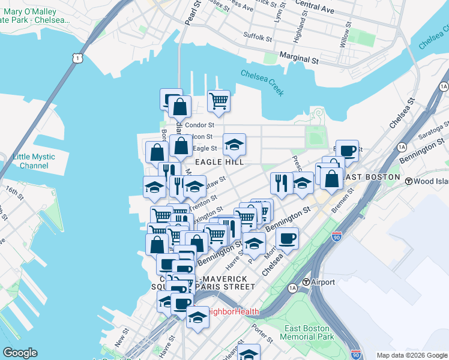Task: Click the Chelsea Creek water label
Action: tap(262, 83)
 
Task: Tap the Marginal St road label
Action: tap(299, 59)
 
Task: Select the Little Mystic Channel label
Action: tap(34, 161)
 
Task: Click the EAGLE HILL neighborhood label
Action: tap(218, 162)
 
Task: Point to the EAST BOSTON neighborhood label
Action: tap(373, 176)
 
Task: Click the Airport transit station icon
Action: tap(306, 282)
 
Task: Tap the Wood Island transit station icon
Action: tap(409, 181)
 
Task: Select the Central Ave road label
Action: tap(315, 6)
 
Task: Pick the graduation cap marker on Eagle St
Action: tap(234, 144)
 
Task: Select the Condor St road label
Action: tap(199, 125)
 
